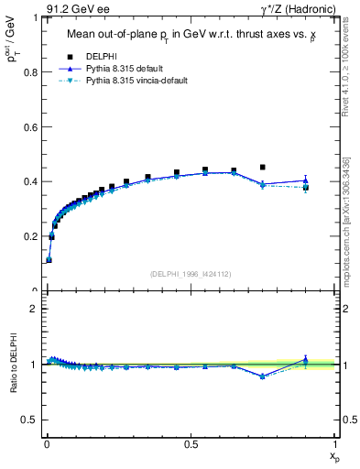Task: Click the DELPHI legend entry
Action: point(103,56)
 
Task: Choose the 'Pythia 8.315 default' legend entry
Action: point(125,68)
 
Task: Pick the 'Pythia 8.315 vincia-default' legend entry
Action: point(134,80)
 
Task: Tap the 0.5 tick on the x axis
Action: point(191,442)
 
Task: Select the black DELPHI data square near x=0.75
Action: point(263,168)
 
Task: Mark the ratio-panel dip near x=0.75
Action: point(263,376)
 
